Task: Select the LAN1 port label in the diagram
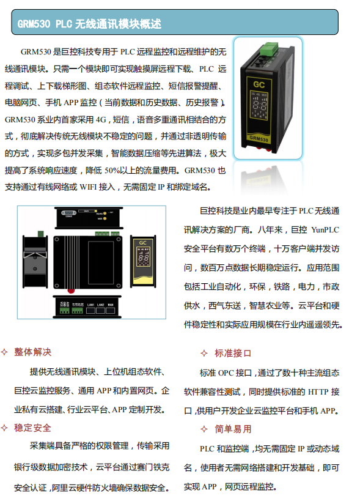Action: (90, 304)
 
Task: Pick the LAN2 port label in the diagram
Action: (100, 304)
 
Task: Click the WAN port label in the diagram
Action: (111, 304)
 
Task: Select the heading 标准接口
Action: (233, 353)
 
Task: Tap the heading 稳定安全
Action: (33, 428)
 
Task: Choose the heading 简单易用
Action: (233, 429)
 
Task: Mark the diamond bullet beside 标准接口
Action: (204, 353)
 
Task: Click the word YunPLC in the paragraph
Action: (324, 231)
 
